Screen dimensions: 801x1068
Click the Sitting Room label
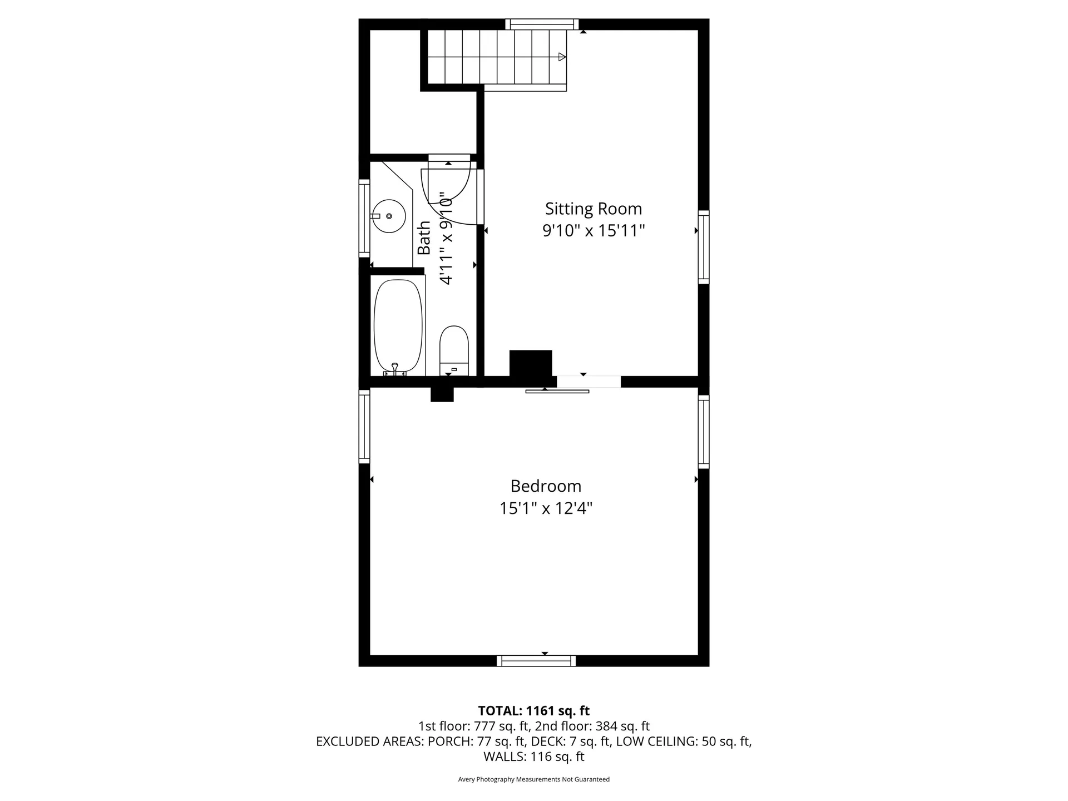point(593,209)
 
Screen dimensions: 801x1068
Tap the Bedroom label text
point(546,486)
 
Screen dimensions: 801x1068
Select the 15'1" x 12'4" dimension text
point(546,508)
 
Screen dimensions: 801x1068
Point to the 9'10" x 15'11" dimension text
point(593,230)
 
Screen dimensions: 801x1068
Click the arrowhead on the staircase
point(562,57)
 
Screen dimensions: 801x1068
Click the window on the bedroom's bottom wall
point(536,661)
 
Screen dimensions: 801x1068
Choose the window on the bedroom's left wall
point(364,426)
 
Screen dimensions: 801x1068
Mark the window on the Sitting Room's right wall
point(704,247)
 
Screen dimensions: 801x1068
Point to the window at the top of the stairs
point(542,24)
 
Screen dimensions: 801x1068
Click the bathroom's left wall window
point(364,217)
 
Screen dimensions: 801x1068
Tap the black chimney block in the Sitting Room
point(531,364)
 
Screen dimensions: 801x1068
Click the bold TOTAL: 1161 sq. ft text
point(533,711)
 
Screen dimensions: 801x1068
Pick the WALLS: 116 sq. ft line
point(533,756)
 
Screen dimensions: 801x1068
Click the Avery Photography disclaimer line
point(533,779)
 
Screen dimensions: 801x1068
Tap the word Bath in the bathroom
point(424,238)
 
